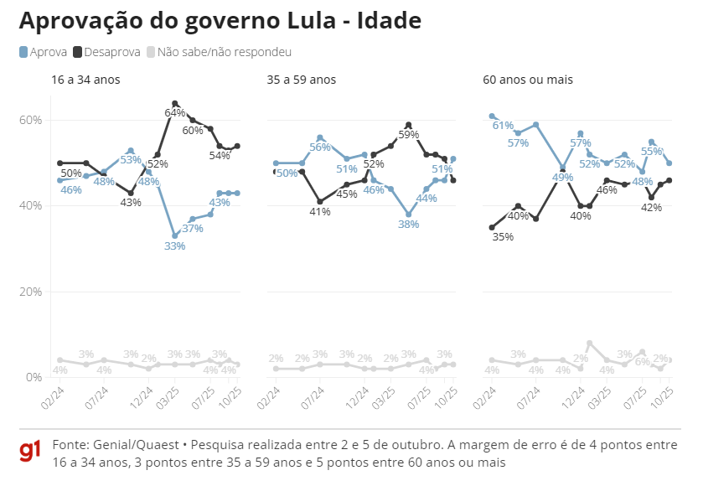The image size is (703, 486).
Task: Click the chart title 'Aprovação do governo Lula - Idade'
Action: (x=220, y=20)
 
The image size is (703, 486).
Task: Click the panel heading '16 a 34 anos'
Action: (x=85, y=80)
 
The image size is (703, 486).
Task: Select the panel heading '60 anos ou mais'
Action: (x=528, y=80)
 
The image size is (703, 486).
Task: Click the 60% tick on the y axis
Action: (x=31, y=120)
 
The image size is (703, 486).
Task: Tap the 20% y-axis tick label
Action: (x=31, y=292)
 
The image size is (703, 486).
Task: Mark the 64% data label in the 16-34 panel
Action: (x=174, y=112)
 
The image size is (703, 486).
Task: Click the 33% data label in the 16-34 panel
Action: (x=174, y=246)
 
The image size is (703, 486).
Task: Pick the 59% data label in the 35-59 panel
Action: (x=408, y=134)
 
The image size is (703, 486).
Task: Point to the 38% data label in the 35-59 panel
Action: (x=408, y=225)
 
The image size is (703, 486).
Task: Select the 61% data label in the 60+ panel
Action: (x=503, y=126)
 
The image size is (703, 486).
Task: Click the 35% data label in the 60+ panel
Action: (x=503, y=237)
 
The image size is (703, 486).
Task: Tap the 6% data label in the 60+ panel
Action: (x=641, y=363)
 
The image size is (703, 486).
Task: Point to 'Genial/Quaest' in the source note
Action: (x=125, y=444)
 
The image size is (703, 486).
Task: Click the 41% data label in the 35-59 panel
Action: (x=319, y=212)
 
